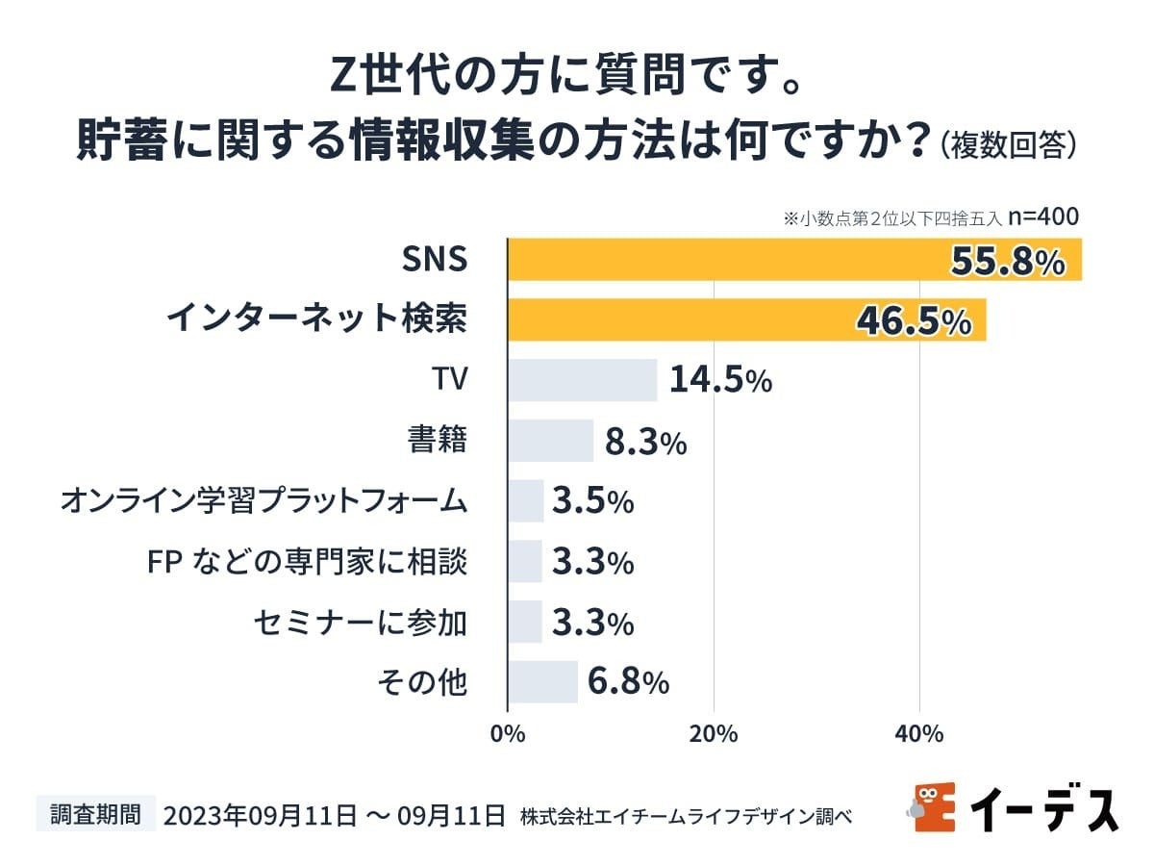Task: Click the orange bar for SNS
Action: point(721,260)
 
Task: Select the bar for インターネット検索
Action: point(673,319)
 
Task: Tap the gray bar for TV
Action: point(582,380)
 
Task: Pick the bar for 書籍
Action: point(550,441)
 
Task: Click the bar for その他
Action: point(542,682)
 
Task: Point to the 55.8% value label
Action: point(1008,262)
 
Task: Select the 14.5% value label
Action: point(720,381)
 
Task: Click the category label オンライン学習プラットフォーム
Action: point(263,501)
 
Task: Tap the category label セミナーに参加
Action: point(361,623)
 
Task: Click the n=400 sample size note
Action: point(1044,216)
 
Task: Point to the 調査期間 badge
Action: point(95,814)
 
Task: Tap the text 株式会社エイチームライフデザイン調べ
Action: point(686,816)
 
